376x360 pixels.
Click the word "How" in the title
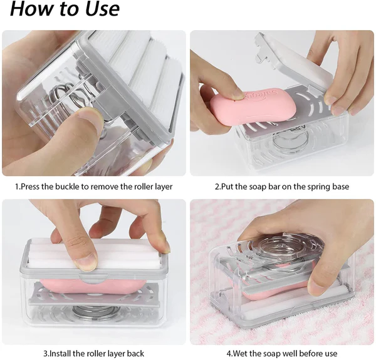tap(31, 9)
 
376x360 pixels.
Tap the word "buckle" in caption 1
tap(74, 187)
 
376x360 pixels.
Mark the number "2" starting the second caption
tap(217, 187)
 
